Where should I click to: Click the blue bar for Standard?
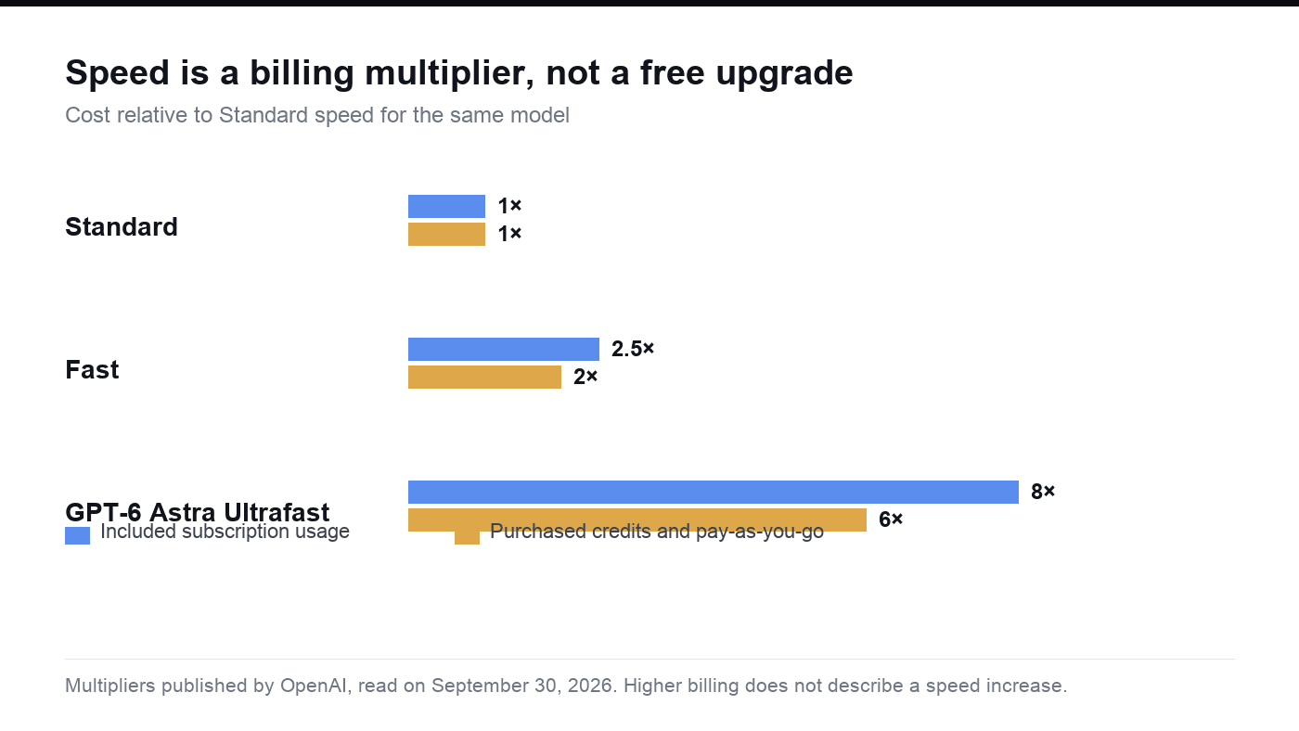[446, 206]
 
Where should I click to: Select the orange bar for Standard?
[446, 234]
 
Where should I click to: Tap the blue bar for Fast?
[503, 349]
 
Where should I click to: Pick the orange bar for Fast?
[484, 377]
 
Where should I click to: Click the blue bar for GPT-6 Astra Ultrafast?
[714, 493]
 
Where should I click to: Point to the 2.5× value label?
[633, 349]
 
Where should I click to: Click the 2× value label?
[585, 377]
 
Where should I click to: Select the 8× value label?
[1043, 492]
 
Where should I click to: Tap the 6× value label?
[891, 519]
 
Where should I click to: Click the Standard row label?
[122, 226]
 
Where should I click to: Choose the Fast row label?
[92, 370]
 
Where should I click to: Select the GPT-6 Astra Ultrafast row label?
[197, 512]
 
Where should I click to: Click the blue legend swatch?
[77, 535]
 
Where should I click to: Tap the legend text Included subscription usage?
[225, 532]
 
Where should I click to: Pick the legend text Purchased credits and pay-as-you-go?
[657, 532]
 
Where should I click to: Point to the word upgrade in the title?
[784, 74]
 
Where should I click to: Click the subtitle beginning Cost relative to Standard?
[317, 115]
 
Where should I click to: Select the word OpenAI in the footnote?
[314, 686]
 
